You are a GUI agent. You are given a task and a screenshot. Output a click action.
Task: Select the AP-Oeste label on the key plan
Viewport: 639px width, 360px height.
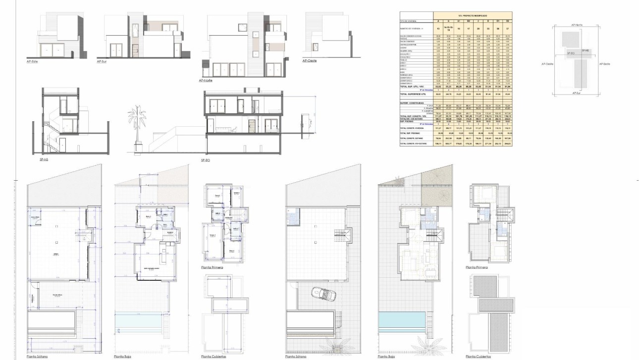547,64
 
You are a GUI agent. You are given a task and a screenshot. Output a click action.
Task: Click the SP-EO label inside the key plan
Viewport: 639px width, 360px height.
570,52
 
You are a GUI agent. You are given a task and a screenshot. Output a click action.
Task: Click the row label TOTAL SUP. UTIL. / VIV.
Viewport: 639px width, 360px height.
415,86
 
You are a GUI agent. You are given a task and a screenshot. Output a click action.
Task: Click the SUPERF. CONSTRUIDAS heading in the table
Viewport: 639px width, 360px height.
412,103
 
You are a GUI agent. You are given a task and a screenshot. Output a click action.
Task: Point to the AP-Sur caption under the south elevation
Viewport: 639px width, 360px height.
103,61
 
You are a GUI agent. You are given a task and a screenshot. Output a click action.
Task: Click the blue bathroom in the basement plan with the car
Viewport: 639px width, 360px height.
291,216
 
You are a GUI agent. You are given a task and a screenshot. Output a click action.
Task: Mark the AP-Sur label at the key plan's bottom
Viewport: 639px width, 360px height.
576,93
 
